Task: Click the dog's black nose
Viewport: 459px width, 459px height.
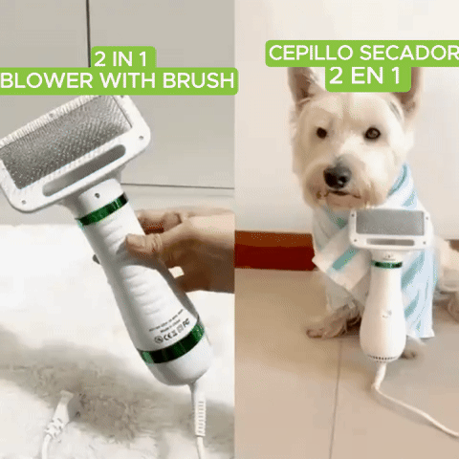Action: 338,176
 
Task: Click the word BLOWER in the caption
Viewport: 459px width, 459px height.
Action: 47,80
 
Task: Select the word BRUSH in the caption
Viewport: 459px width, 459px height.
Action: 198,80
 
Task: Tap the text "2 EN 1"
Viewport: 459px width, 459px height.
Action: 364,76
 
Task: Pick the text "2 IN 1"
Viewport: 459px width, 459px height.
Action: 120,59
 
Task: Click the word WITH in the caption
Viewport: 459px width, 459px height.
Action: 128,80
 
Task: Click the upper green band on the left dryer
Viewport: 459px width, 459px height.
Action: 102,210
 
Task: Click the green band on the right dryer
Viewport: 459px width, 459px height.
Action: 386,264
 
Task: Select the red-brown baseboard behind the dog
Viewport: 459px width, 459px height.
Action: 274,251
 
